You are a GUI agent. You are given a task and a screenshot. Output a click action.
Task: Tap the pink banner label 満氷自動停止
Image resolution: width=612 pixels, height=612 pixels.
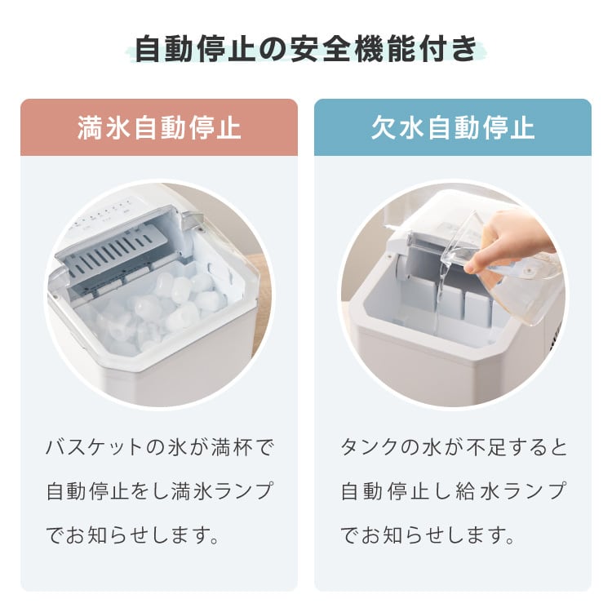pos(159,127)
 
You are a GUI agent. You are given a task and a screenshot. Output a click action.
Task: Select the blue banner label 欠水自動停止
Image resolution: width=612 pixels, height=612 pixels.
pos(453,127)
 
